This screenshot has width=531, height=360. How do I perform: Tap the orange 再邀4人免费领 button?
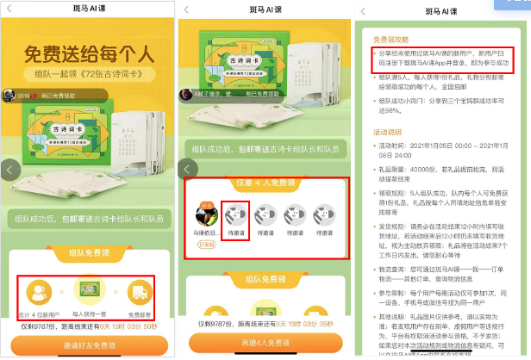265,344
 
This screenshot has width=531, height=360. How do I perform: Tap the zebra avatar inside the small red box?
234,215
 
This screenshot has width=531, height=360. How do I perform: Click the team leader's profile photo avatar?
204,214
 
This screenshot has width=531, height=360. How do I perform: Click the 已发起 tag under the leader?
204,244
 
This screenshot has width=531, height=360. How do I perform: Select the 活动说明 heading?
386,133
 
